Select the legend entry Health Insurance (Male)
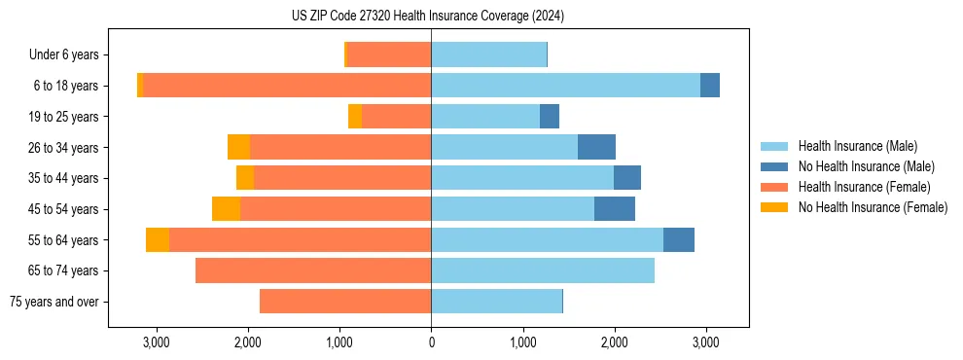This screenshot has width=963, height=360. (857, 146)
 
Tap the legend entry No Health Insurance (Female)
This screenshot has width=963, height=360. (873, 207)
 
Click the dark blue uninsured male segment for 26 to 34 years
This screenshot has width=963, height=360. (596, 147)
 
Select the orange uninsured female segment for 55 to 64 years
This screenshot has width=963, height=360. (158, 240)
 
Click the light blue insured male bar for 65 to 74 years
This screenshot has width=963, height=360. (543, 270)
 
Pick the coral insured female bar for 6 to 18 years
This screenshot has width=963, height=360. (287, 86)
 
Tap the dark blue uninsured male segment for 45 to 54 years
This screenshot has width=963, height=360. (615, 209)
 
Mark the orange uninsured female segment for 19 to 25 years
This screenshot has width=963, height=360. (355, 117)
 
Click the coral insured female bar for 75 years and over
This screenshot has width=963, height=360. (345, 302)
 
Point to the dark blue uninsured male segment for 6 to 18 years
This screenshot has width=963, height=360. (710, 86)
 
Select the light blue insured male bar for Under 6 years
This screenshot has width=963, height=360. (488, 55)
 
